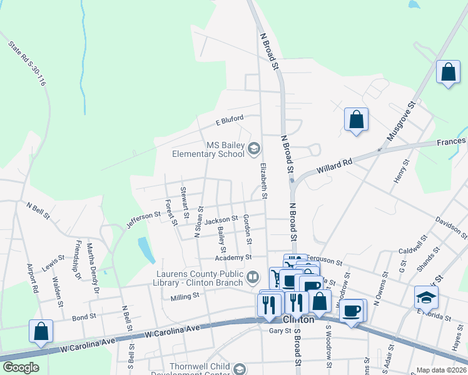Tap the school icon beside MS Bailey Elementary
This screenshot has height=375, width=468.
[x=254, y=149]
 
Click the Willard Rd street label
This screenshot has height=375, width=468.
[x=335, y=166]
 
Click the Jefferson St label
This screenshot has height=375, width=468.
[x=143, y=220]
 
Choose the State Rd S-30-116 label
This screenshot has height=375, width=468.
[x=28, y=63]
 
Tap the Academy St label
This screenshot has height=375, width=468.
[x=233, y=257]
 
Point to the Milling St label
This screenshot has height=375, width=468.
[x=185, y=296]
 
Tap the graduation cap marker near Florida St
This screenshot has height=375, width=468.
[x=426, y=297]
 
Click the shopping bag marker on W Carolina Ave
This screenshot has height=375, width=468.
[x=41, y=331]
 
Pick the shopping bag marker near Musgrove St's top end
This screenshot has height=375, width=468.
[x=449, y=71]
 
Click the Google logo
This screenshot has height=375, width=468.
[x=21, y=367]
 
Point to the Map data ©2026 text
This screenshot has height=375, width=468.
[x=441, y=370]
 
